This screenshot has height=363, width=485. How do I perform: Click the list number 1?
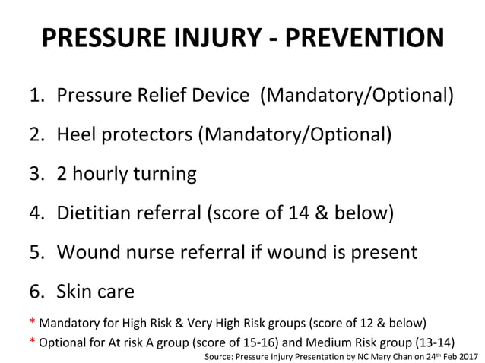tap(36, 96)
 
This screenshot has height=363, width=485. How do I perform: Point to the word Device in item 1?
tap(220, 96)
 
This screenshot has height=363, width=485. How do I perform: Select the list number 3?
tap(36, 174)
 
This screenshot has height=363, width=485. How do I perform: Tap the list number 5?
tap(36, 251)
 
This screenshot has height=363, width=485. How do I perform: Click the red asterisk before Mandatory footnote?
tap(32, 321)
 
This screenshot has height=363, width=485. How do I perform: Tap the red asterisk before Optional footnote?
tap(32, 339)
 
